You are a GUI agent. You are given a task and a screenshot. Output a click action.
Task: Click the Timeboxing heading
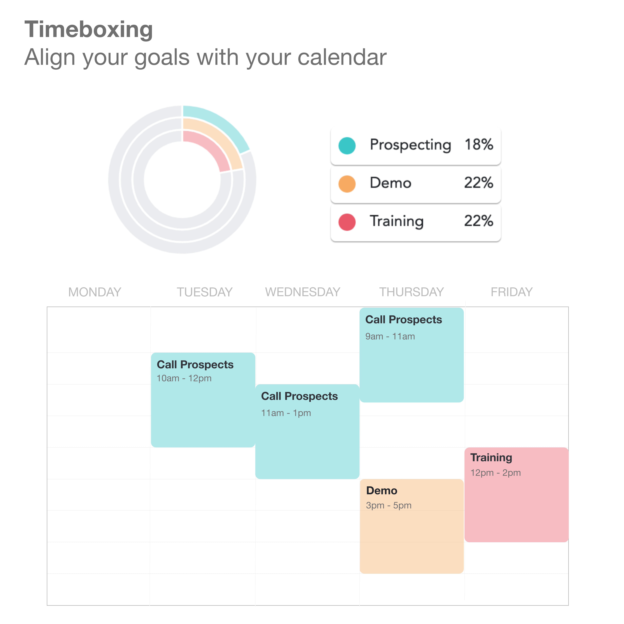(88, 29)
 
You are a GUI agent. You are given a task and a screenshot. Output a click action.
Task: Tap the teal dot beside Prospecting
(347, 146)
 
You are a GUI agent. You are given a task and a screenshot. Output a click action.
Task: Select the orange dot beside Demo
(347, 184)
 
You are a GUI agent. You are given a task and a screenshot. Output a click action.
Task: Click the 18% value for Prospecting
(479, 144)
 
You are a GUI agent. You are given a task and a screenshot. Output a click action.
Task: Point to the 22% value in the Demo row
(479, 183)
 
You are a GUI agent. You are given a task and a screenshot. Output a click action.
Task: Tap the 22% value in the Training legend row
(479, 221)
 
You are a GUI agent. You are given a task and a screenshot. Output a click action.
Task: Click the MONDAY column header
(95, 292)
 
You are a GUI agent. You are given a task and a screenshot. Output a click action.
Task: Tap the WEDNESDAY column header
(303, 292)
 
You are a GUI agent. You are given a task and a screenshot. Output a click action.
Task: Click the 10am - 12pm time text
(184, 378)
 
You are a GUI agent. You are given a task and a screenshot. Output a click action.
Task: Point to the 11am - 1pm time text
(286, 413)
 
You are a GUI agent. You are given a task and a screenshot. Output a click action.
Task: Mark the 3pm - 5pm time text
(389, 505)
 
